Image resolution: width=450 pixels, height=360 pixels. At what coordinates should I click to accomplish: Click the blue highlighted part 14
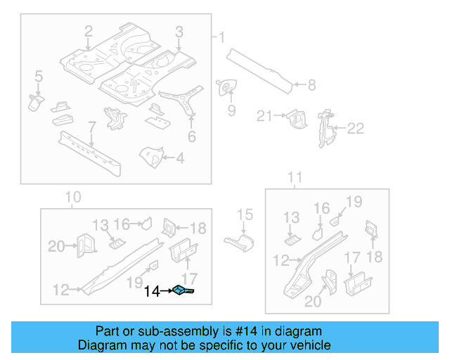tap(184, 290)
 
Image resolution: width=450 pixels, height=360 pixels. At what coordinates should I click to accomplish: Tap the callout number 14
tap(152, 290)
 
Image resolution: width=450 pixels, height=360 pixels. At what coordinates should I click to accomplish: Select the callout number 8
tap(311, 85)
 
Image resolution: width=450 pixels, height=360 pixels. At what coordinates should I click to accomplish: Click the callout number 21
tap(264, 116)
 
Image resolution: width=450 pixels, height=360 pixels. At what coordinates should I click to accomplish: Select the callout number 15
tap(244, 214)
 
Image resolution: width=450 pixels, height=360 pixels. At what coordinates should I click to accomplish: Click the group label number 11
tap(295, 177)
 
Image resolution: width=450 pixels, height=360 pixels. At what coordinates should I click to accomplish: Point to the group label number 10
tap(72, 197)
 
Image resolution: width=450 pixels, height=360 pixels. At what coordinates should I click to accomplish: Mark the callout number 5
tap(38, 75)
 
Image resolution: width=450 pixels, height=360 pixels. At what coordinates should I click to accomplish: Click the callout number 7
tap(91, 127)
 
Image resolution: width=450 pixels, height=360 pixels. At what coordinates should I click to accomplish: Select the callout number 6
tap(191, 136)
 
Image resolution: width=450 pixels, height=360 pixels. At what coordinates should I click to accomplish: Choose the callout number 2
tap(89, 31)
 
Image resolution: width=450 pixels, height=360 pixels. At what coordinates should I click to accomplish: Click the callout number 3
tap(179, 31)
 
